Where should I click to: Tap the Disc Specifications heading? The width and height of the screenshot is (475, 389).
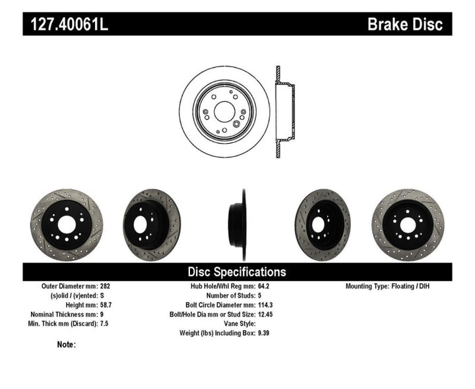[237, 272]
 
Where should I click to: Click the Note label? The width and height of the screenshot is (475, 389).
[66, 344]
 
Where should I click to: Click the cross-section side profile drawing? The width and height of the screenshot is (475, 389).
[283, 112]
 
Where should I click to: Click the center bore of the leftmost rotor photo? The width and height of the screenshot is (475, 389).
[66, 224]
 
